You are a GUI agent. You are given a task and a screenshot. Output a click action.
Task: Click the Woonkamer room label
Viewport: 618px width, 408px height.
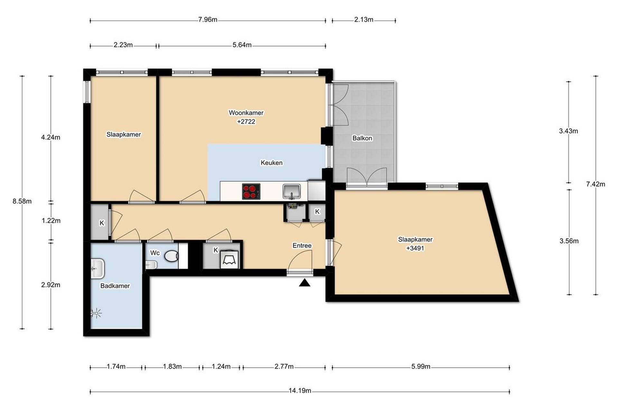(246, 113)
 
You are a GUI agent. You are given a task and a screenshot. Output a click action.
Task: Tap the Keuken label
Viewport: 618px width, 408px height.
(272, 163)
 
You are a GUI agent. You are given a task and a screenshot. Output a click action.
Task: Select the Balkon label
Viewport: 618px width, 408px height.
(362, 138)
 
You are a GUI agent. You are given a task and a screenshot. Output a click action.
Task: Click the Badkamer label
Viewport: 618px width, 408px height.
(115, 286)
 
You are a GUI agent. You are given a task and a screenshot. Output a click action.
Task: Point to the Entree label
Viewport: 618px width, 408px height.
(302, 246)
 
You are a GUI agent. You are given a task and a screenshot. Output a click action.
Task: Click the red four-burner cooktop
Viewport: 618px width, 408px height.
(251, 191)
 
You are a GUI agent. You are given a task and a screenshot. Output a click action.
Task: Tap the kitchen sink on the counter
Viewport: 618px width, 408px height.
(292, 191)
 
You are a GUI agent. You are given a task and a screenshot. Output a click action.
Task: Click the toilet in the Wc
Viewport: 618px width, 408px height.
(172, 256)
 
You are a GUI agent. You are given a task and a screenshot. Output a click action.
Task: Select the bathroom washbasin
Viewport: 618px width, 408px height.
(98, 269)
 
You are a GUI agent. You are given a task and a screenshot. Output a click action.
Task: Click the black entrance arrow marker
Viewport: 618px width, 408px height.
(304, 283)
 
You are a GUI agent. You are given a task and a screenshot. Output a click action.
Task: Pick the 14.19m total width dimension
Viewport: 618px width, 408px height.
(300, 391)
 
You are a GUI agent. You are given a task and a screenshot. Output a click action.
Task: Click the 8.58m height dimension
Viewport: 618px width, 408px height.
(22, 201)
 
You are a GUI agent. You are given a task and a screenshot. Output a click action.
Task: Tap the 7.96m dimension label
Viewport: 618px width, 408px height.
(208, 20)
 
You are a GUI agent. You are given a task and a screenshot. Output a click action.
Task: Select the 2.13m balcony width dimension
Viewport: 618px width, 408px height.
(364, 20)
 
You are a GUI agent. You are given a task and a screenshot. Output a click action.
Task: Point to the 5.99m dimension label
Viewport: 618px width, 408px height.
(421, 367)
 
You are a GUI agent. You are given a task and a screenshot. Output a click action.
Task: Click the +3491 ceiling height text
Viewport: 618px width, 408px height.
(415, 248)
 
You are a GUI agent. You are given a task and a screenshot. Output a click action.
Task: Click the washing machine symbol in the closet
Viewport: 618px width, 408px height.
(229, 260)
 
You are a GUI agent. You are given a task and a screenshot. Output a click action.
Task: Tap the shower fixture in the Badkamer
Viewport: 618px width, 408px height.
(96, 313)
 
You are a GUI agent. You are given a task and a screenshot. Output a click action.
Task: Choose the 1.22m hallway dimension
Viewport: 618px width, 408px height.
(51, 221)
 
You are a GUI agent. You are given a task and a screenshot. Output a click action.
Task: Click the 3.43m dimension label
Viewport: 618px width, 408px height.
(568, 131)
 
